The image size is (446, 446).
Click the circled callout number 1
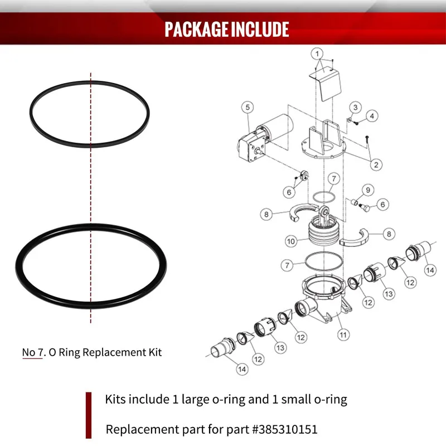pyautogui.click(x=318, y=54)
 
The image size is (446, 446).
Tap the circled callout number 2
pyautogui.click(x=376, y=164)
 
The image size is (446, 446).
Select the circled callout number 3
pyautogui.click(x=355, y=107)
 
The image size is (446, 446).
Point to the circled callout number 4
pyautogui.click(x=372, y=115)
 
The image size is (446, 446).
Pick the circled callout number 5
pyautogui.click(x=248, y=106)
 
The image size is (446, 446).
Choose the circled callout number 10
pyautogui.click(x=290, y=242)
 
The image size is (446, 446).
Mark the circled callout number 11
pyautogui.click(x=343, y=335)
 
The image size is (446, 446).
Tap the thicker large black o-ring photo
pyautogui.click(x=90, y=273)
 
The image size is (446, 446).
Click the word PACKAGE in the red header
pyautogui.click(x=193, y=29)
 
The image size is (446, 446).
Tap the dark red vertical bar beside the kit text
pyautogui.click(x=88, y=415)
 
